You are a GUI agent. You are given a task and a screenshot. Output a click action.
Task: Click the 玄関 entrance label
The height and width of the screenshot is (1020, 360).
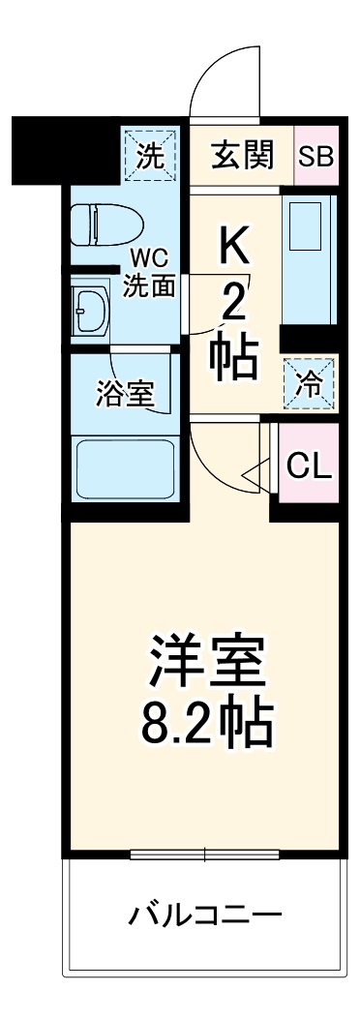(x=243, y=155)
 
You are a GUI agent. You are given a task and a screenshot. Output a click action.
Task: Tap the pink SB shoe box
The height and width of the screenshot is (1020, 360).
(x=315, y=157)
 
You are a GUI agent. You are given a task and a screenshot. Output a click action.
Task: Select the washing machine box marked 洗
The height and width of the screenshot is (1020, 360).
(x=150, y=154)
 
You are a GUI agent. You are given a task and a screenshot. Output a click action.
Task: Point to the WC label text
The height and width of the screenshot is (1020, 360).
(x=150, y=259)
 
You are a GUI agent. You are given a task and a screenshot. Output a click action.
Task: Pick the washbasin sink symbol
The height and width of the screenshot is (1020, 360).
(x=89, y=309)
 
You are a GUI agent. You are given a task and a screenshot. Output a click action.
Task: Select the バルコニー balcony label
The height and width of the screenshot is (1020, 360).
(x=205, y=914)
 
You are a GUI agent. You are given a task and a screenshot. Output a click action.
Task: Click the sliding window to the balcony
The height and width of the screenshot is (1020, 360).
(x=205, y=854)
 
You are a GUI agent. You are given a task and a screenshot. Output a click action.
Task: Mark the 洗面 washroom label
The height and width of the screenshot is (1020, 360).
(x=150, y=285)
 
